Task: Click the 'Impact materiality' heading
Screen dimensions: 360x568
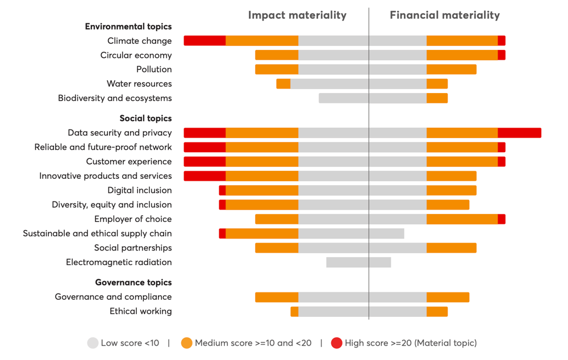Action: click(297, 15)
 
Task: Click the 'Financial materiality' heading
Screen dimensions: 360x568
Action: click(445, 15)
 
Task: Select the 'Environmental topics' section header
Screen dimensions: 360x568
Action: click(128, 27)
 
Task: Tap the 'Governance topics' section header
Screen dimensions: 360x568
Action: click(133, 282)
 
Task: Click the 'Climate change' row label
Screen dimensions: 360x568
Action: click(139, 41)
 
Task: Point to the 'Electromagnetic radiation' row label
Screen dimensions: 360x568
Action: click(119, 262)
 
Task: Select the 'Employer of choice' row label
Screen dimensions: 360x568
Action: click(133, 219)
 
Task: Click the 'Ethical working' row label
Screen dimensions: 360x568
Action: click(140, 311)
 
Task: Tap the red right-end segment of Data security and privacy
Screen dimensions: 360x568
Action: click(519, 133)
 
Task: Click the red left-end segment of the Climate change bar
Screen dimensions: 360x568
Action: click(204, 41)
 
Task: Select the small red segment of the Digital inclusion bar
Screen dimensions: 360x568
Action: click(222, 190)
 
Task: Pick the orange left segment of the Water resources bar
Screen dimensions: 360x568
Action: click(283, 84)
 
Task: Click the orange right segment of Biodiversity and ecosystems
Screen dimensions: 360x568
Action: click(437, 98)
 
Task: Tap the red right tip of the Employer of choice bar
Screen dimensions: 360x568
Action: click(502, 219)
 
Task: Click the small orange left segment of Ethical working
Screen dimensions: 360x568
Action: click(294, 311)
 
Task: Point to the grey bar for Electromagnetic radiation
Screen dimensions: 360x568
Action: click(358, 262)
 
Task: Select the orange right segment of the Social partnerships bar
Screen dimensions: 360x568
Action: click(451, 248)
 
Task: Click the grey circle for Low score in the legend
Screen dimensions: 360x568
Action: click(93, 343)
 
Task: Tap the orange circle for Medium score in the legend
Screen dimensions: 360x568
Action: click(186, 343)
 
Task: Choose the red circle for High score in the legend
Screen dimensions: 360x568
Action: click(336, 343)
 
